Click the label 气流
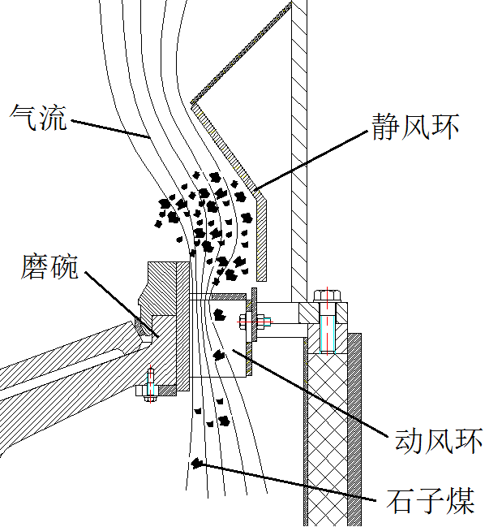coord(38,117)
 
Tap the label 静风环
coord(415,127)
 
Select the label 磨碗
coord(49,266)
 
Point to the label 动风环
coord(438,440)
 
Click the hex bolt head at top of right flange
coord(327,296)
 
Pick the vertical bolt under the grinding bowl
coord(150,384)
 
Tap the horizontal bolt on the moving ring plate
coord(255,322)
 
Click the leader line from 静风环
coord(311,161)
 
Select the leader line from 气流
coord(110,129)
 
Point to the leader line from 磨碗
coord(122,305)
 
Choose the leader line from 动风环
coord(310,392)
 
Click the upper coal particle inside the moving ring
coord(220,314)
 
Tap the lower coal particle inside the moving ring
coord(219,355)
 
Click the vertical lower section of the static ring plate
coord(261,238)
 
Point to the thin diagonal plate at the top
coord(241,53)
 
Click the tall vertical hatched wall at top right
coord(298,151)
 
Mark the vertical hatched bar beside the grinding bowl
coord(182,326)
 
